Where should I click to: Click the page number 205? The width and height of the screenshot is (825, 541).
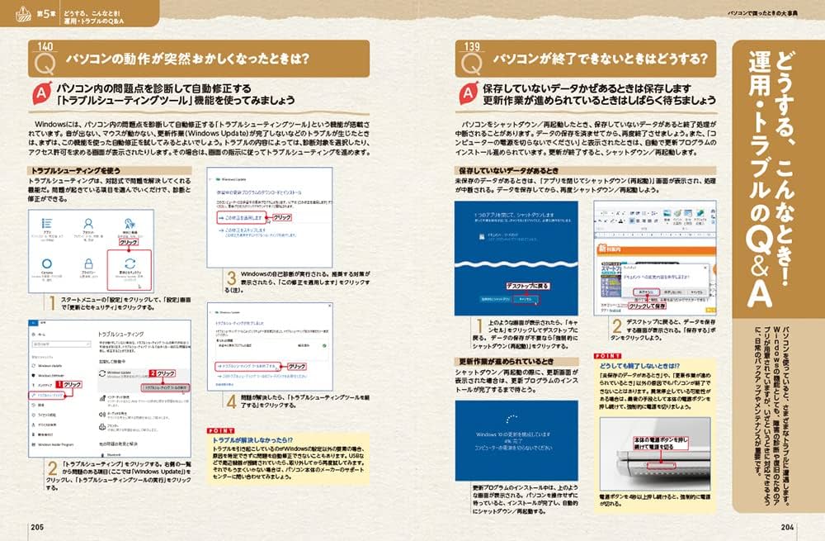point(36,527)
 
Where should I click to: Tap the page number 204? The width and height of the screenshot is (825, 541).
point(790,527)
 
